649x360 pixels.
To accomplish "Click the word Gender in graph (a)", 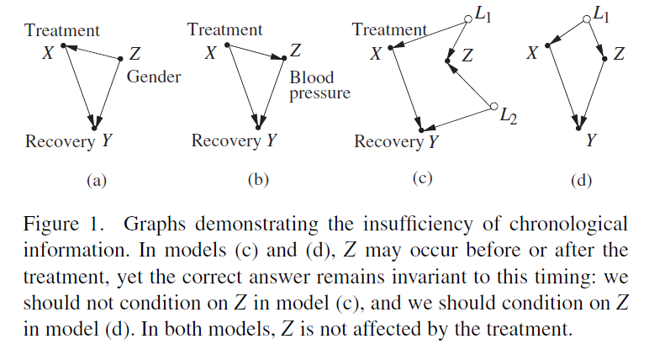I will click(155, 77).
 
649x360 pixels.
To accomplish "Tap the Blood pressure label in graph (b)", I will click(319, 85).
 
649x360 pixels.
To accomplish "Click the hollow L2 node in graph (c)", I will click(493, 107).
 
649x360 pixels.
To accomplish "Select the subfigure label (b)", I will click(257, 178).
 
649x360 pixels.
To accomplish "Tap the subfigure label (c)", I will click(421, 177).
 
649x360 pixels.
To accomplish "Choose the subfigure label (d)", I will click(580, 179).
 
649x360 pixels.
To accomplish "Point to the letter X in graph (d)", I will click(532, 55).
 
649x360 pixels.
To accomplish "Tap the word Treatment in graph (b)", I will click(224, 30).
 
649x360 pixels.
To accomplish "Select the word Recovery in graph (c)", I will click(388, 141).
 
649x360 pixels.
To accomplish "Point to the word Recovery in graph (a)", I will click(60, 140).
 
